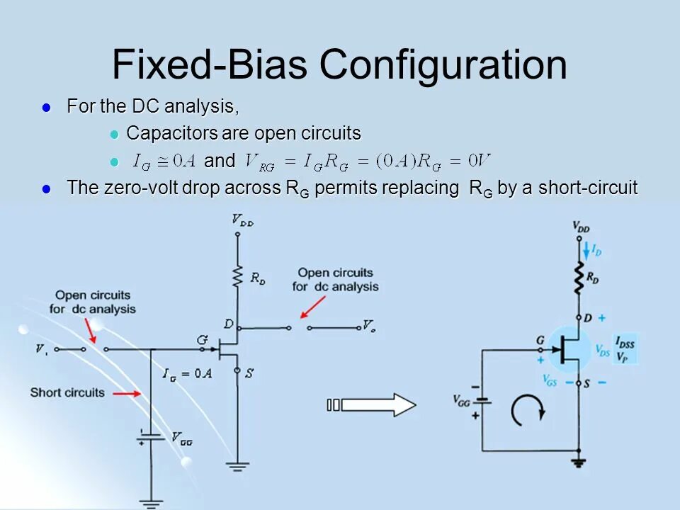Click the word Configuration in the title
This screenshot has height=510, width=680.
pos(443,64)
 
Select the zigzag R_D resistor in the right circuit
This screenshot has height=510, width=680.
pos(579,278)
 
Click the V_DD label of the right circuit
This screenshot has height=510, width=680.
pos(581,228)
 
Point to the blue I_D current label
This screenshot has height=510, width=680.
pos(596,251)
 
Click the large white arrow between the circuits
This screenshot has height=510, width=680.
pos(378,405)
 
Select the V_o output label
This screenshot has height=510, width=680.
pos(369,326)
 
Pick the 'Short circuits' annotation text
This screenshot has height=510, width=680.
pos(67,392)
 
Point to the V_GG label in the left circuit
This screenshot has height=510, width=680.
pos(181,438)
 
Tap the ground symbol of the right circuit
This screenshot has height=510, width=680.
pos(579,463)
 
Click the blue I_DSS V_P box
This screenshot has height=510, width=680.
pos(625,348)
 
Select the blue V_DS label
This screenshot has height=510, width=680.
pos(603,350)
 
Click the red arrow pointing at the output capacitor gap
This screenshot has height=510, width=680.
pos(312,307)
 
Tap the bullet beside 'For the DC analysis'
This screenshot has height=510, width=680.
pos(47,108)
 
